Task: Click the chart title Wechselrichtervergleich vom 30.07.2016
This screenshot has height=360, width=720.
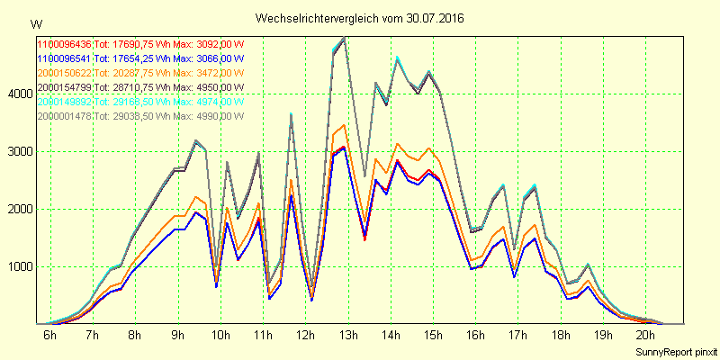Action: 360,19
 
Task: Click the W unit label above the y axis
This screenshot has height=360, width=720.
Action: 35,23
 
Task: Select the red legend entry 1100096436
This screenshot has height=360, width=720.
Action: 64,43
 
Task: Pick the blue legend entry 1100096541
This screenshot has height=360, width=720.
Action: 64,58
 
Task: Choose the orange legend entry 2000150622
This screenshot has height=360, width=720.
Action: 64,72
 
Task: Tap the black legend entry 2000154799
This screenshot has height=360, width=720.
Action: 64,86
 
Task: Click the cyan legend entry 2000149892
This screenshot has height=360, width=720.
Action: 64,101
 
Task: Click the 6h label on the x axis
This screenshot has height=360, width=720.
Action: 50,336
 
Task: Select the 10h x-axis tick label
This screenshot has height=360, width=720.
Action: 220,336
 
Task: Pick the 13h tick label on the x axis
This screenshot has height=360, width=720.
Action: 347,336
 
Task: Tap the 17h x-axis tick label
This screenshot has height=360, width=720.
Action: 517,336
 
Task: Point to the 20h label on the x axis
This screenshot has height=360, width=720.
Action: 644,336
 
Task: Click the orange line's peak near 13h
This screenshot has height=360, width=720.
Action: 344,126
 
